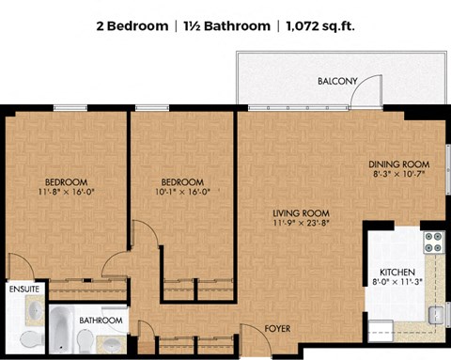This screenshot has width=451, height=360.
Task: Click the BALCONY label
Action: [337, 81]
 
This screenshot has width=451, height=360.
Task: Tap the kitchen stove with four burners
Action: [434, 243]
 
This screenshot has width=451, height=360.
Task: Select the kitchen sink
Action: [437, 315]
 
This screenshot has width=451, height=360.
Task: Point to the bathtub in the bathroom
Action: [61, 329]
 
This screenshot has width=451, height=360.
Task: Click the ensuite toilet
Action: [32, 339]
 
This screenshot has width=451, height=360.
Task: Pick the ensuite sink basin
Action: [35, 310]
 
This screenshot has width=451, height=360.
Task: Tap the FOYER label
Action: [277, 329]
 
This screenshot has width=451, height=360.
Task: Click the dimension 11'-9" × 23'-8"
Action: [302, 223]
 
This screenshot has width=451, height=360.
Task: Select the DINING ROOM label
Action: [398, 164]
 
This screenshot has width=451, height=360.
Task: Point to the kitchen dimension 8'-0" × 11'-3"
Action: [397, 282]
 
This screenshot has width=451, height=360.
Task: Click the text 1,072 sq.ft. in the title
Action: [320, 26]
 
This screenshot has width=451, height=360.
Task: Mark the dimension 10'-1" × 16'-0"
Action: [182, 192]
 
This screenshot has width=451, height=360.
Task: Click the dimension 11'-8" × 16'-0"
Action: [66, 192]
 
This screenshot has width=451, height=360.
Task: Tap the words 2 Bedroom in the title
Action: [132, 26]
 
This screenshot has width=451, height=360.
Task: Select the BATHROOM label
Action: [101, 321]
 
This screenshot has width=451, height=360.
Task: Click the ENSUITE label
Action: [24, 289]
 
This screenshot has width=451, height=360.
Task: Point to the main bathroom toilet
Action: [85, 341]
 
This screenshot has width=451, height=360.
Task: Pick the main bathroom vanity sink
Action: [111, 344]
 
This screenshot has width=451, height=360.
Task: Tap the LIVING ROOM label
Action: [301, 213]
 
